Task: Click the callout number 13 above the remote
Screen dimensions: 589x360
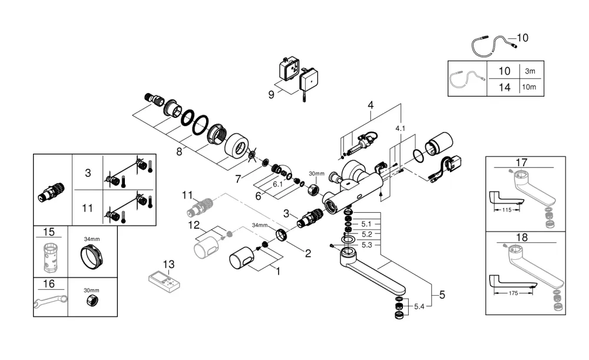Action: (x=168, y=264)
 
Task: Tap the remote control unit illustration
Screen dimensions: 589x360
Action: (x=164, y=282)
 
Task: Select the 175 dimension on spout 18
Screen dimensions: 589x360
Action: (x=513, y=293)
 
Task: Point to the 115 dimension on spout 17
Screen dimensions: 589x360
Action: (x=507, y=210)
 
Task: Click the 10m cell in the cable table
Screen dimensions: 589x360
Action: (x=529, y=87)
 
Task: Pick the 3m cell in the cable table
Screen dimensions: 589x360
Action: (x=530, y=71)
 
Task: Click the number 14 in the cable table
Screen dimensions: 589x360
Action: (x=505, y=88)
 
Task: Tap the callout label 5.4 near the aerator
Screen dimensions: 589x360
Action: (x=419, y=306)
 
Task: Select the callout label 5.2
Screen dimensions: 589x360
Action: (x=366, y=235)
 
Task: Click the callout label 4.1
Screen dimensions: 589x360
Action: (x=401, y=128)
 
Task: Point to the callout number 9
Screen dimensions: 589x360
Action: (x=271, y=95)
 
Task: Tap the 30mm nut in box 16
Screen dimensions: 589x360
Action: (x=91, y=300)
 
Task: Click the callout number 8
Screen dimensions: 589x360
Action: (x=179, y=151)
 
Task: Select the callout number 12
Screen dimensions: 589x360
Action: (x=194, y=225)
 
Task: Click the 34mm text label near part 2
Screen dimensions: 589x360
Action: (x=260, y=225)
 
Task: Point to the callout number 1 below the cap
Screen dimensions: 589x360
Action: (x=278, y=271)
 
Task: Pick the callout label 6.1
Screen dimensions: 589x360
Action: (x=277, y=184)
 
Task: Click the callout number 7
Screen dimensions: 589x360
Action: (x=238, y=179)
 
